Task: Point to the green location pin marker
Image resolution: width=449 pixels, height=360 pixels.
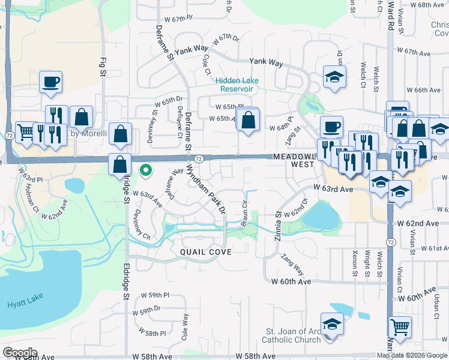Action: pyautogui.click(x=145, y=170)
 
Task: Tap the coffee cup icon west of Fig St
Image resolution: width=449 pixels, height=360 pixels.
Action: pyautogui.click(x=50, y=82)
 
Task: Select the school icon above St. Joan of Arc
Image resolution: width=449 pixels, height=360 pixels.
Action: pyautogui.click(x=331, y=324)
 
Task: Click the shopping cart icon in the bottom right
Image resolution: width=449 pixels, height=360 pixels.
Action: pyautogui.click(x=400, y=326)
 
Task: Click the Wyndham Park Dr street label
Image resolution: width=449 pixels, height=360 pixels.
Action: pyautogui.click(x=205, y=188)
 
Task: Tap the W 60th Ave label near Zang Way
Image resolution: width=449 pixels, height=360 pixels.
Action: pyautogui.click(x=291, y=281)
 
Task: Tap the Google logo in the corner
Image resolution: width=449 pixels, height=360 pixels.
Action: pyautogui.click(x=20, y=353)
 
